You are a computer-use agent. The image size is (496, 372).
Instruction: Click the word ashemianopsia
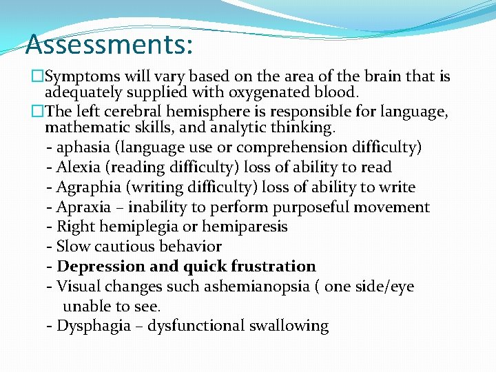click(256, 287)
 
